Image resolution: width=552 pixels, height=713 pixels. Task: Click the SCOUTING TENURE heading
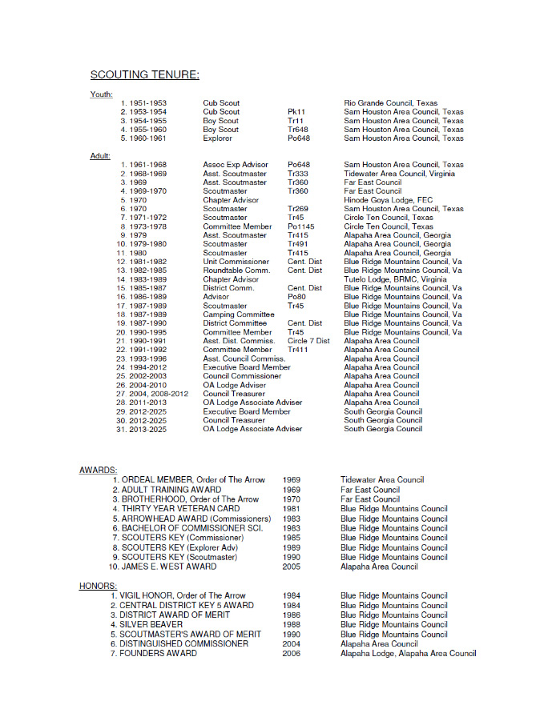point(144,75)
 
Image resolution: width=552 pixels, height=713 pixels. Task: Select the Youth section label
point(101,94)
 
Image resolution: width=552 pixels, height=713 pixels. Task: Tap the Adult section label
point(100,156)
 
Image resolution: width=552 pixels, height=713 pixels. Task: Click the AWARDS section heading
point(99,470)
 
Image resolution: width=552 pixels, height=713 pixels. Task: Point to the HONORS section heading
point(99,586)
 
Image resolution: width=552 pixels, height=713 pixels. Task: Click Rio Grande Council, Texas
point(391,103)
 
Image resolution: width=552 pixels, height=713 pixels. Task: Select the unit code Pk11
point(296,112)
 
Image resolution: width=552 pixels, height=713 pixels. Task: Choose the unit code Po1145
point(302,226)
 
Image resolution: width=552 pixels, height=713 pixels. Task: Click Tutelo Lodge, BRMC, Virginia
point(396,279)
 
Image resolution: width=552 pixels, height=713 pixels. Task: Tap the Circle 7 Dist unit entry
point(308,341)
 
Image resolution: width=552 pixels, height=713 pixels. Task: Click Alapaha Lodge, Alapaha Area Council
point(408,654)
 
